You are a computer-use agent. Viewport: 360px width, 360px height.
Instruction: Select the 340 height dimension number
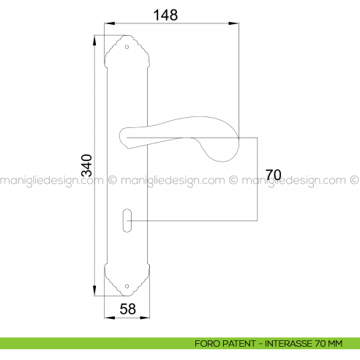coord(87,166)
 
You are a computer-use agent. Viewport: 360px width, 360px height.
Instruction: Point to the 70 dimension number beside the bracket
coord(274,175)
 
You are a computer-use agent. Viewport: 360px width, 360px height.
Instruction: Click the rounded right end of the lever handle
coord(229,146)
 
